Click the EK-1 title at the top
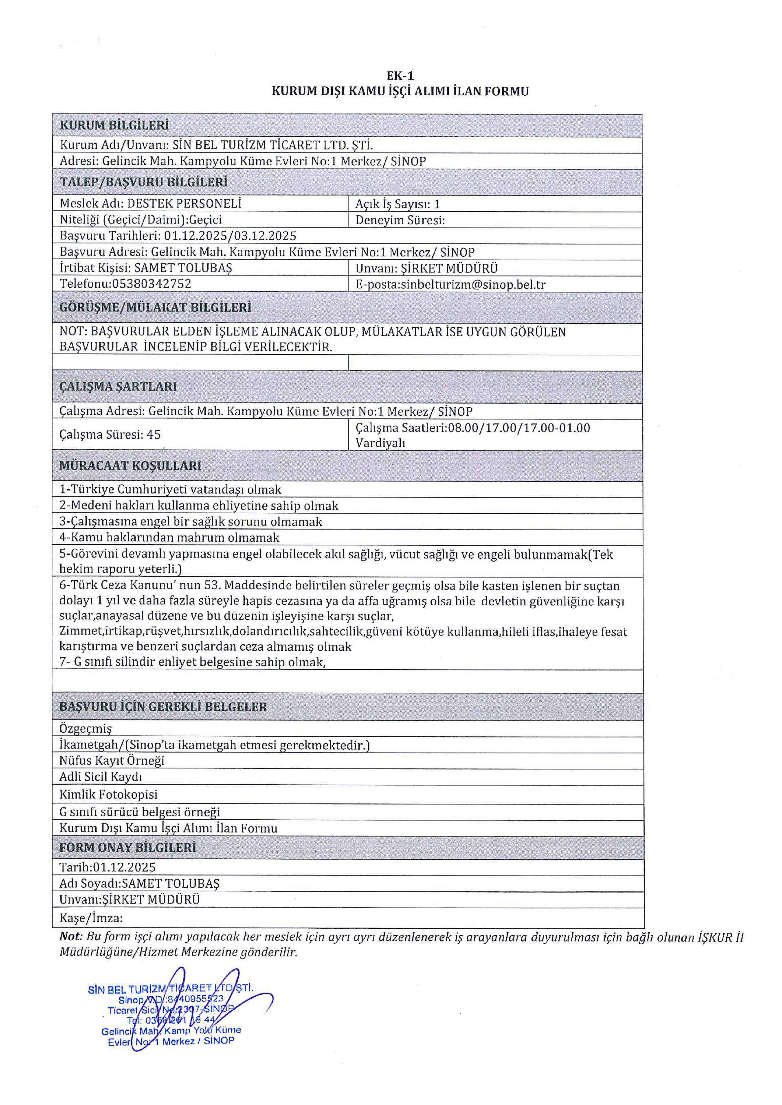[400, 76]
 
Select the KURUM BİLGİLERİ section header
[114, 125]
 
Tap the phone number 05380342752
[152, 284]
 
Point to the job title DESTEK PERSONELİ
[184, 203]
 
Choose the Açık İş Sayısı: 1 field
[397, 204]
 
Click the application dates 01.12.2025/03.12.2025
[230, 236]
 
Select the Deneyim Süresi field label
[400, 221]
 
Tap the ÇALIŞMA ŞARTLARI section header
[118, 387]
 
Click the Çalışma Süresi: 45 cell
[110, 435]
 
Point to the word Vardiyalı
[380, 443]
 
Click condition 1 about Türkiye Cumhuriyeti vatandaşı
[170, 490]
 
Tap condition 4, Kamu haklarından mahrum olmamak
[169, 538]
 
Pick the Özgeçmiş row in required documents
[85, 729]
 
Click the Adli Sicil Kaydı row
[101, 777]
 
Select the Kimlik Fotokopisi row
[108, 794]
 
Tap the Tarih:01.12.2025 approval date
[108, 867]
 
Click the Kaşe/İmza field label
[91, 918]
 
